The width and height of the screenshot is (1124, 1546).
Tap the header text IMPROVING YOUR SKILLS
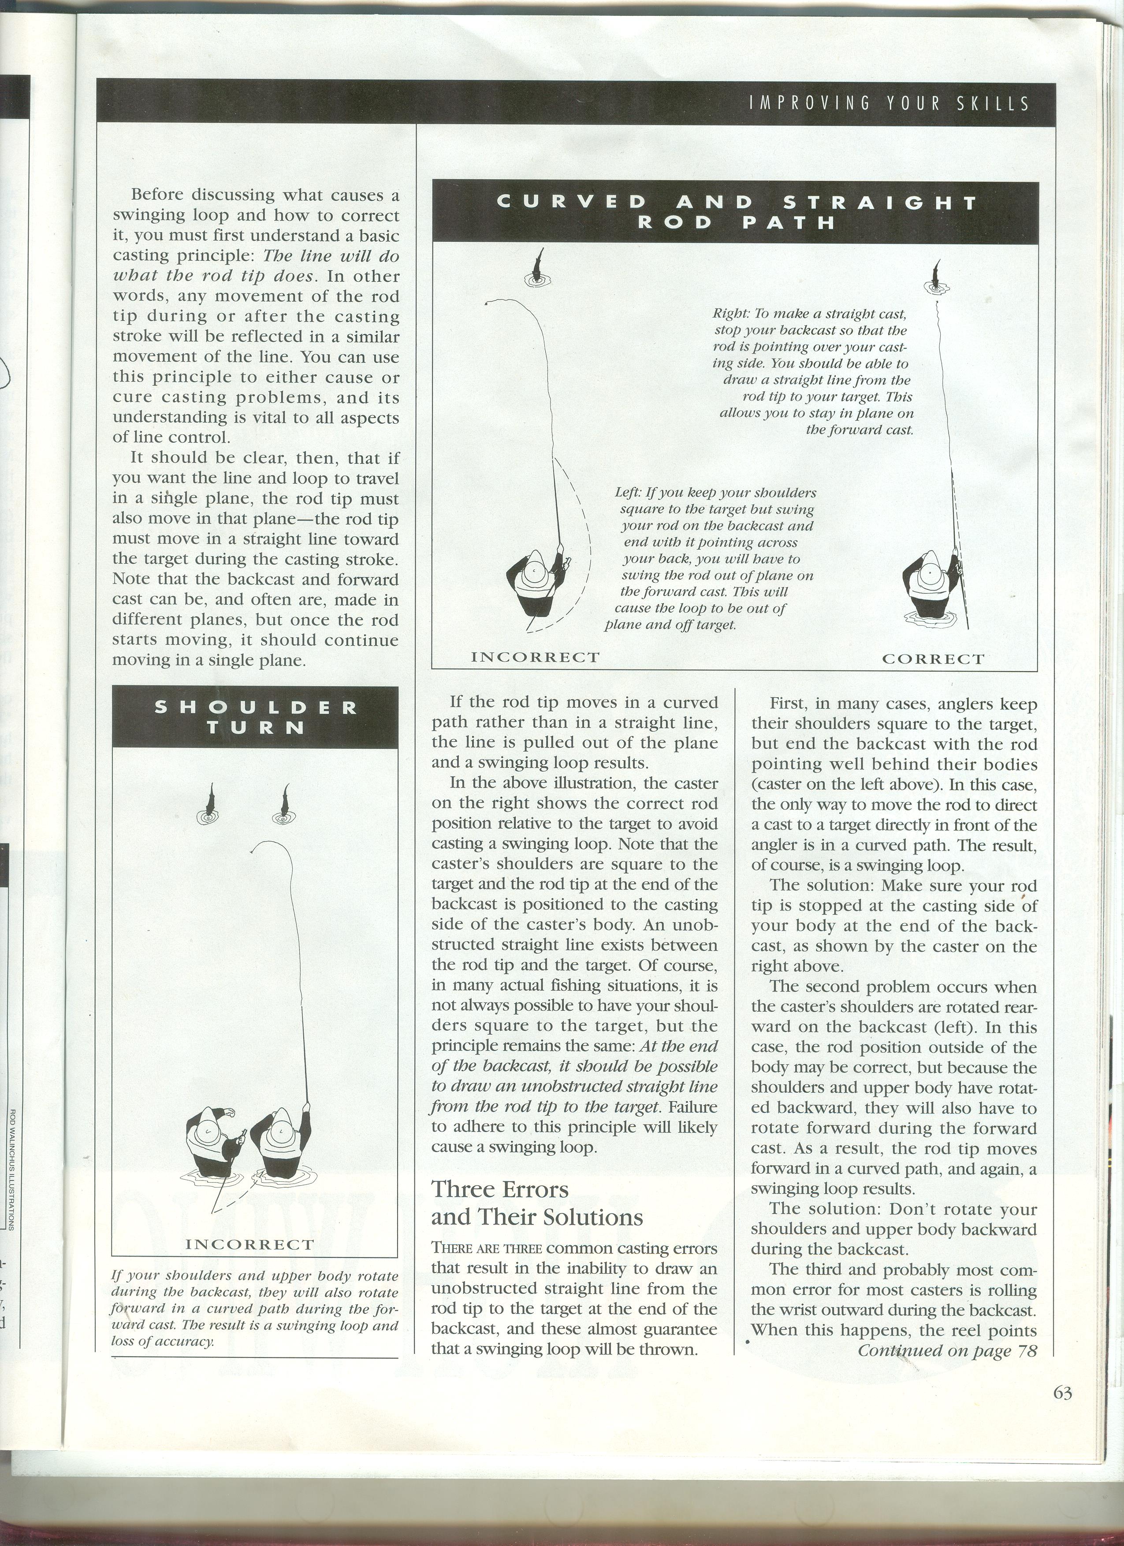click(889, 103)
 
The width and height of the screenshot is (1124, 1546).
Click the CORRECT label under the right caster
click(933, 659)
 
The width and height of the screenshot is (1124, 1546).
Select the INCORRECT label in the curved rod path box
click(536, 657)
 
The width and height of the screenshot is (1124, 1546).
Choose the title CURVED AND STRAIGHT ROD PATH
click(735, 212)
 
